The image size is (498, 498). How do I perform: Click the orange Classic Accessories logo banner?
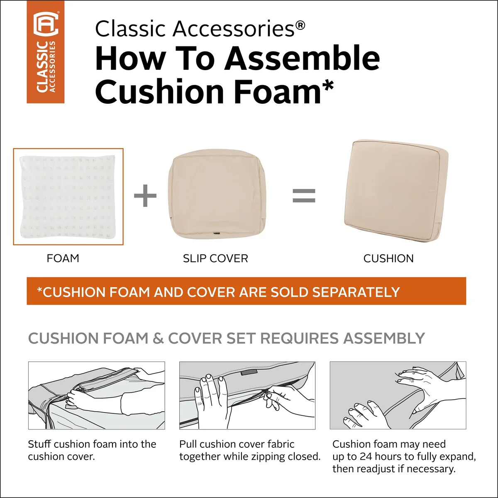tap(46, 52)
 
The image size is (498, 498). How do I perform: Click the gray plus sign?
tap(145, 195)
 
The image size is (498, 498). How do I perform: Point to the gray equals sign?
tap(304, 195)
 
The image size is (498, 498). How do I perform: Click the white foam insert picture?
tap(68, 197)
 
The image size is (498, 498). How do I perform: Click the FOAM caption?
tap(63, 258)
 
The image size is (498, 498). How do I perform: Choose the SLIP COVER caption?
tap(215, 258)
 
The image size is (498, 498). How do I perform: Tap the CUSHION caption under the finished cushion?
tap(388, 259)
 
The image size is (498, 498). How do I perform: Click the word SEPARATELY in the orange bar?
tap(356, 292)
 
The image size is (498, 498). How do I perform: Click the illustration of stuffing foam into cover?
tap(96, 395)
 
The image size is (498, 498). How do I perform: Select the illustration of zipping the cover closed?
tap(247, 395)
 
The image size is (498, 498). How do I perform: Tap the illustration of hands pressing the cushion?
tap(398, 395)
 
